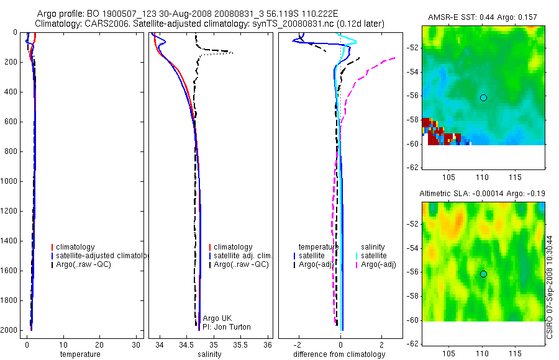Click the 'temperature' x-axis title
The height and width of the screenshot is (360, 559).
click(80, 354)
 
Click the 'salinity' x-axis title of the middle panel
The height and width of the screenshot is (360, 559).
click(209, 354)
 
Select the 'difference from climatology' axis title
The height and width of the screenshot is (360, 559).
click(339, 354)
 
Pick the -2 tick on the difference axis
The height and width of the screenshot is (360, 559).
click(299, 344)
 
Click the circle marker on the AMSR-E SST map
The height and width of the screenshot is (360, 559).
click(483, 97)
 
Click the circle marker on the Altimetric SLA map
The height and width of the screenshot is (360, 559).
click(483, 274)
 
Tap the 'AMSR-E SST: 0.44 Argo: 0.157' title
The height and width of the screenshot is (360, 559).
click(483, 17)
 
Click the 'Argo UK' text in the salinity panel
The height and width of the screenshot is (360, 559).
click(217, 318)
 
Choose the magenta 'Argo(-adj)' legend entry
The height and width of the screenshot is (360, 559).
click(378, 265)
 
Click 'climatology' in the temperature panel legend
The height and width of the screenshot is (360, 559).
click(75, 247)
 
